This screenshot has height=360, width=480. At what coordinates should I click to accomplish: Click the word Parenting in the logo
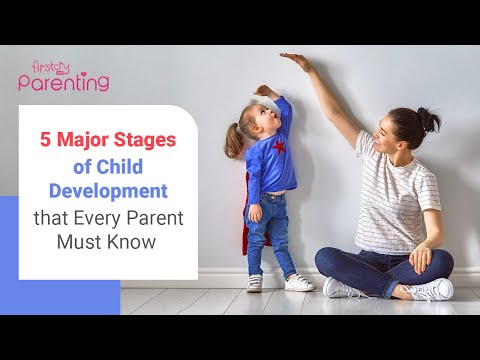coord(63,84)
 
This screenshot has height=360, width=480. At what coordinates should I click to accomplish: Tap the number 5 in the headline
coord(45,141)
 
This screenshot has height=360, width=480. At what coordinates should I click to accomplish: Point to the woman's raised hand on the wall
coord(296,58)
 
